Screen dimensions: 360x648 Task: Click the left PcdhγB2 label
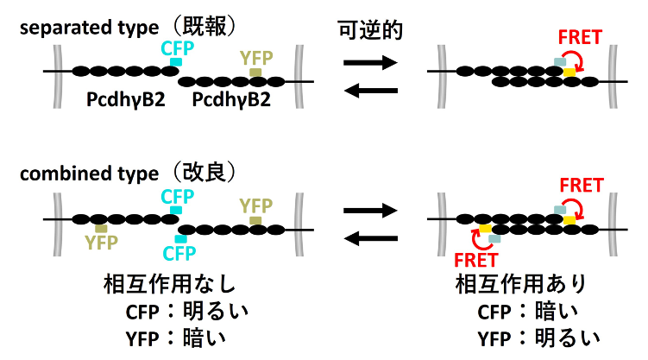click(x=120, y=101)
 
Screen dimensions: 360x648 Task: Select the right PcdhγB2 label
click(x=231, y=101)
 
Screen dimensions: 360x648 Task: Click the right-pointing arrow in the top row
click(x=370, y=62)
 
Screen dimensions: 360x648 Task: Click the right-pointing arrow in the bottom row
click(x=370, y=210)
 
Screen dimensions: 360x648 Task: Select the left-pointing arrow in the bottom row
click(x=370, y=239)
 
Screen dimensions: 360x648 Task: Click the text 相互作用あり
click(x=514, y=284)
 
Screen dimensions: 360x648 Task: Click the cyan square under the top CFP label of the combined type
click(x=176, y=210)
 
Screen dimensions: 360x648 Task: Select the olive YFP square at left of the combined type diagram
click(x=101, y=228)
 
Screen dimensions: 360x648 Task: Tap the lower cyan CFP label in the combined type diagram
click(x=179, y=253)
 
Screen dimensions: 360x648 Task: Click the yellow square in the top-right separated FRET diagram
click(x=569, y=73)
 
